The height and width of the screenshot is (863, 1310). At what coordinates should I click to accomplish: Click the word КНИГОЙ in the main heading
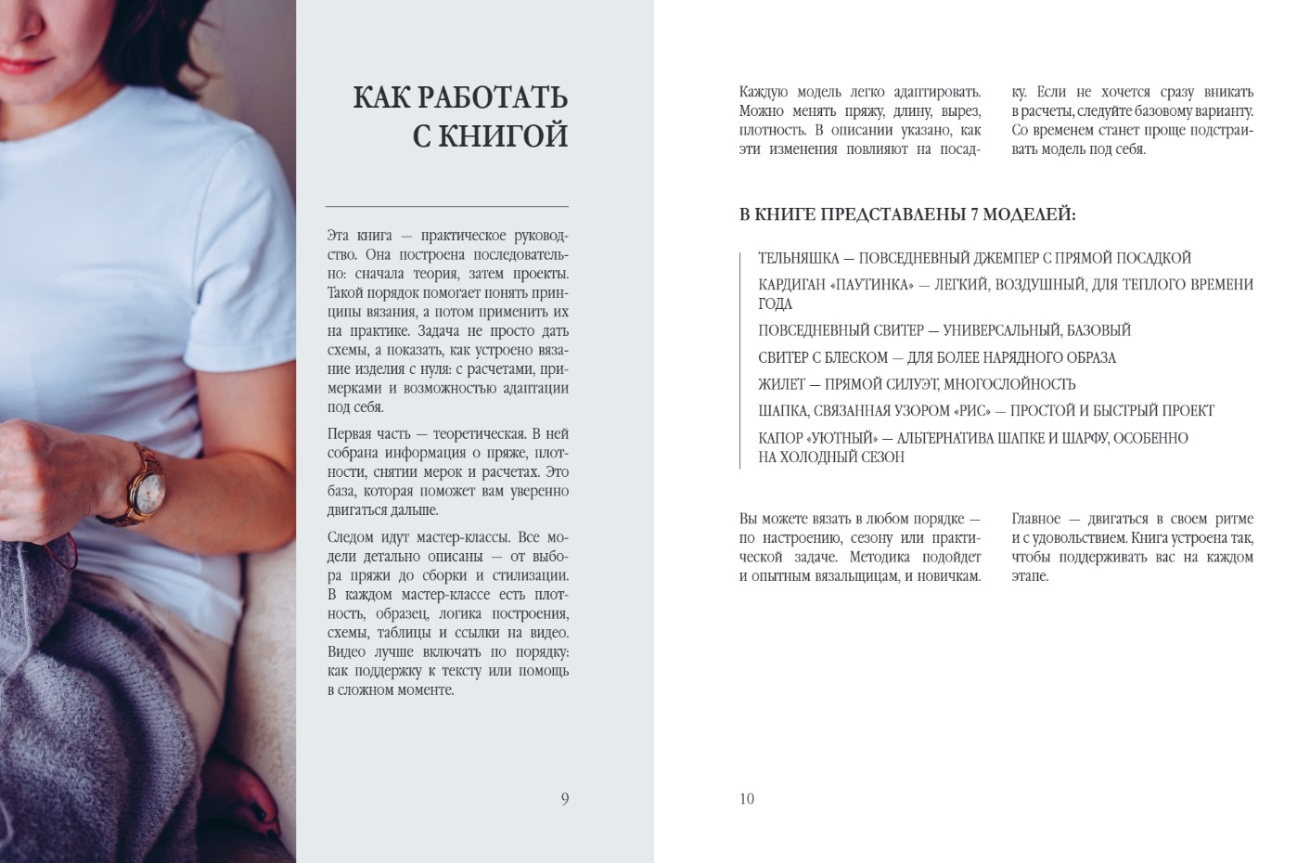[x=502, y=136]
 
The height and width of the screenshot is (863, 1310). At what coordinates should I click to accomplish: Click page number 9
[x=564, y=799]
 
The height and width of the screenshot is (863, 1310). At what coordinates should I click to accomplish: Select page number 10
[x=747, y=799]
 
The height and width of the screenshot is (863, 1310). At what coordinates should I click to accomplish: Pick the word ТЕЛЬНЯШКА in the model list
[x=798, y=258]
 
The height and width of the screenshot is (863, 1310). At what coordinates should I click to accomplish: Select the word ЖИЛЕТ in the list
[x=780, y=384]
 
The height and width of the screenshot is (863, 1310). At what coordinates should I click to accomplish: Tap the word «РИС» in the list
[x=970, y=411]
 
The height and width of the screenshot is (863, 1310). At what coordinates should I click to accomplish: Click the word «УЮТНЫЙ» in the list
[x=832, y=438]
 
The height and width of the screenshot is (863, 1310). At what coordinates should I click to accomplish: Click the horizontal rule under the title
[x=447, y=206]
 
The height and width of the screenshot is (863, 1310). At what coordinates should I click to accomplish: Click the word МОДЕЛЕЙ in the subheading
[x=1030, y=215]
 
